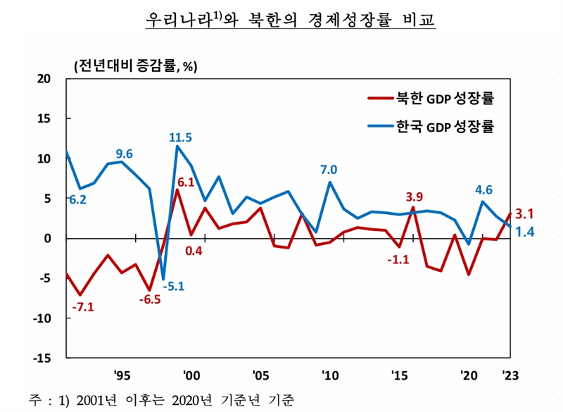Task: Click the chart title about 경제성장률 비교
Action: click(290, 19)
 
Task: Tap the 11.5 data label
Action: click(181, 137)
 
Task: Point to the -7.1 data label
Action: click(83, 306)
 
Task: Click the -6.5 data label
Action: click(150, 299)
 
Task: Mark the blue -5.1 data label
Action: click(172, 286)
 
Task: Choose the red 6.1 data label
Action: click(186, 182)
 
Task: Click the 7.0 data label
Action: click(329, 169)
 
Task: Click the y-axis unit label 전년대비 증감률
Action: click(135, 67)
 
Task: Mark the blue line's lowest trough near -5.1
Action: click(163, 279)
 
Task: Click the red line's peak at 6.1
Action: click(177, 190)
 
